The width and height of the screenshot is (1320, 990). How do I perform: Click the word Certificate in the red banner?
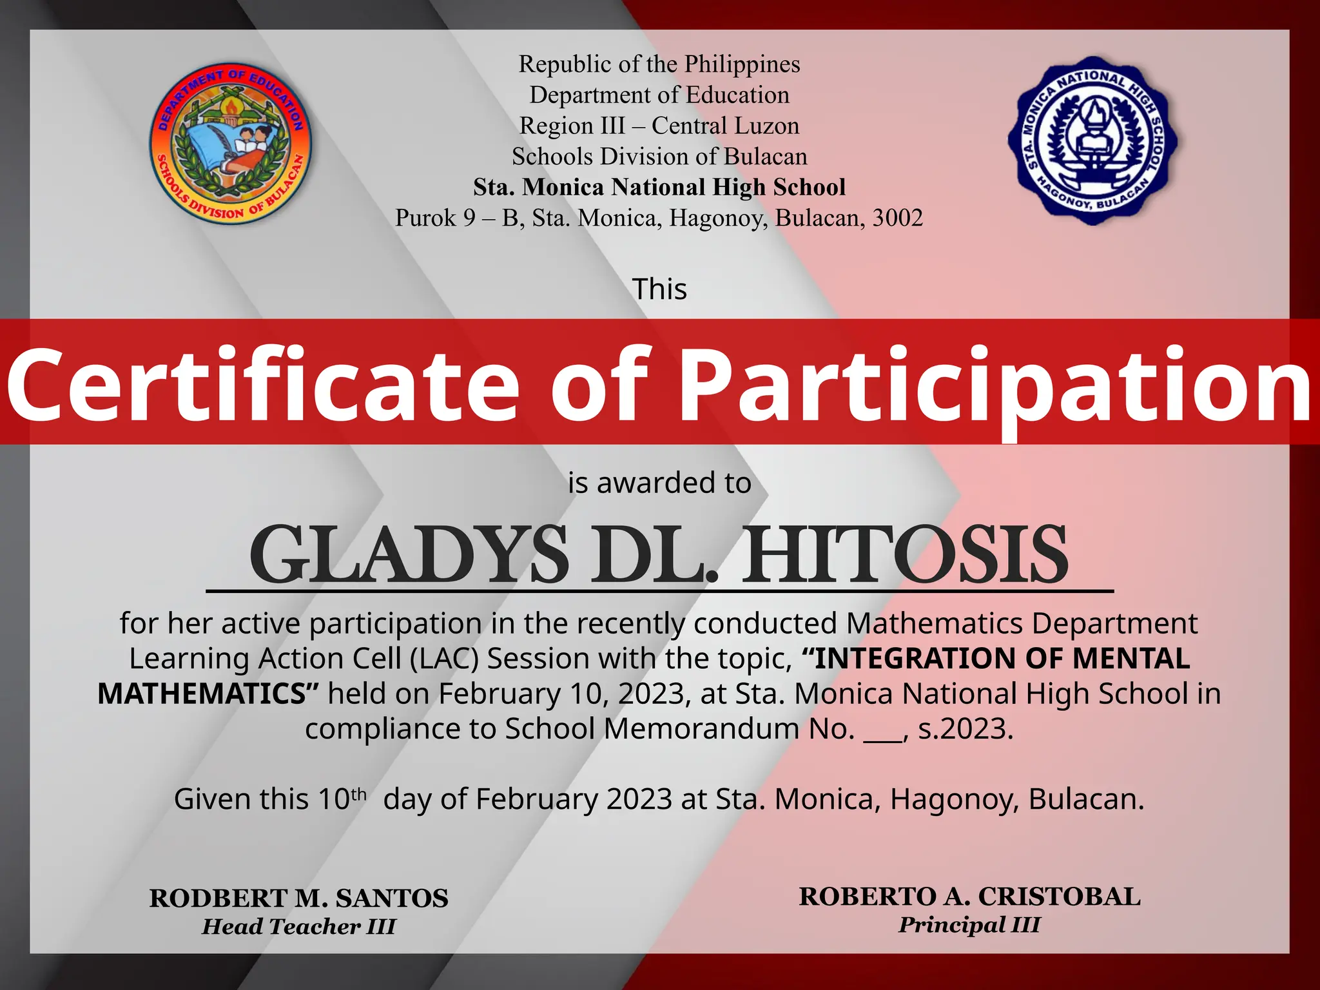263,384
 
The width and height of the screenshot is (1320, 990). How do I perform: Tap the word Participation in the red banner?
995,384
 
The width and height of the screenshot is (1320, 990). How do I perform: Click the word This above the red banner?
659,289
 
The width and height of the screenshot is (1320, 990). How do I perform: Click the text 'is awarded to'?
659,483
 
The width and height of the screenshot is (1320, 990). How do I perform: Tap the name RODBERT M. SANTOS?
298,898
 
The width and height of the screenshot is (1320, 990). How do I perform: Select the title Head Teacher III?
298,927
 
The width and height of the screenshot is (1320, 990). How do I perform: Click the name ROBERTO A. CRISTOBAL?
969,897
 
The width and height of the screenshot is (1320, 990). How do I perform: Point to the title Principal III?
969,925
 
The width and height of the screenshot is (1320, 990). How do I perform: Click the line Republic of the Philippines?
659,64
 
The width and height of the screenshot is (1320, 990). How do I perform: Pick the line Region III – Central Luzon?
659,126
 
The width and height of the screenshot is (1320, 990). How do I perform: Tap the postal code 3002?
897,218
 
